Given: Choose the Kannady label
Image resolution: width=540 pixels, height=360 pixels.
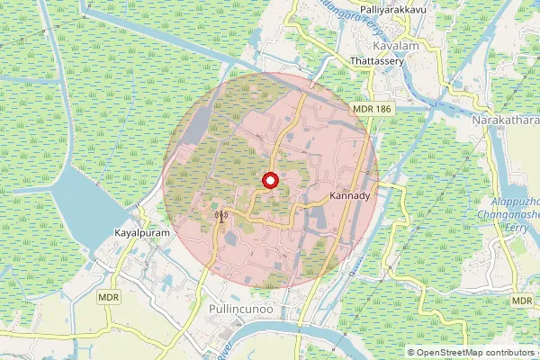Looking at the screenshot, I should point(350,195).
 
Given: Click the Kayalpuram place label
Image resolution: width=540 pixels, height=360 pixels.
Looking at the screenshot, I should point(143,232).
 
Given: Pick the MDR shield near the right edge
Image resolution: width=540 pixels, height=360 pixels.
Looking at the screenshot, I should point(522,300).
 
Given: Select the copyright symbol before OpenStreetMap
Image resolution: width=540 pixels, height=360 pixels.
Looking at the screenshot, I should point(413,353).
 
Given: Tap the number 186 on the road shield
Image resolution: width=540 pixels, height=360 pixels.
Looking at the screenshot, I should point(383,109).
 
